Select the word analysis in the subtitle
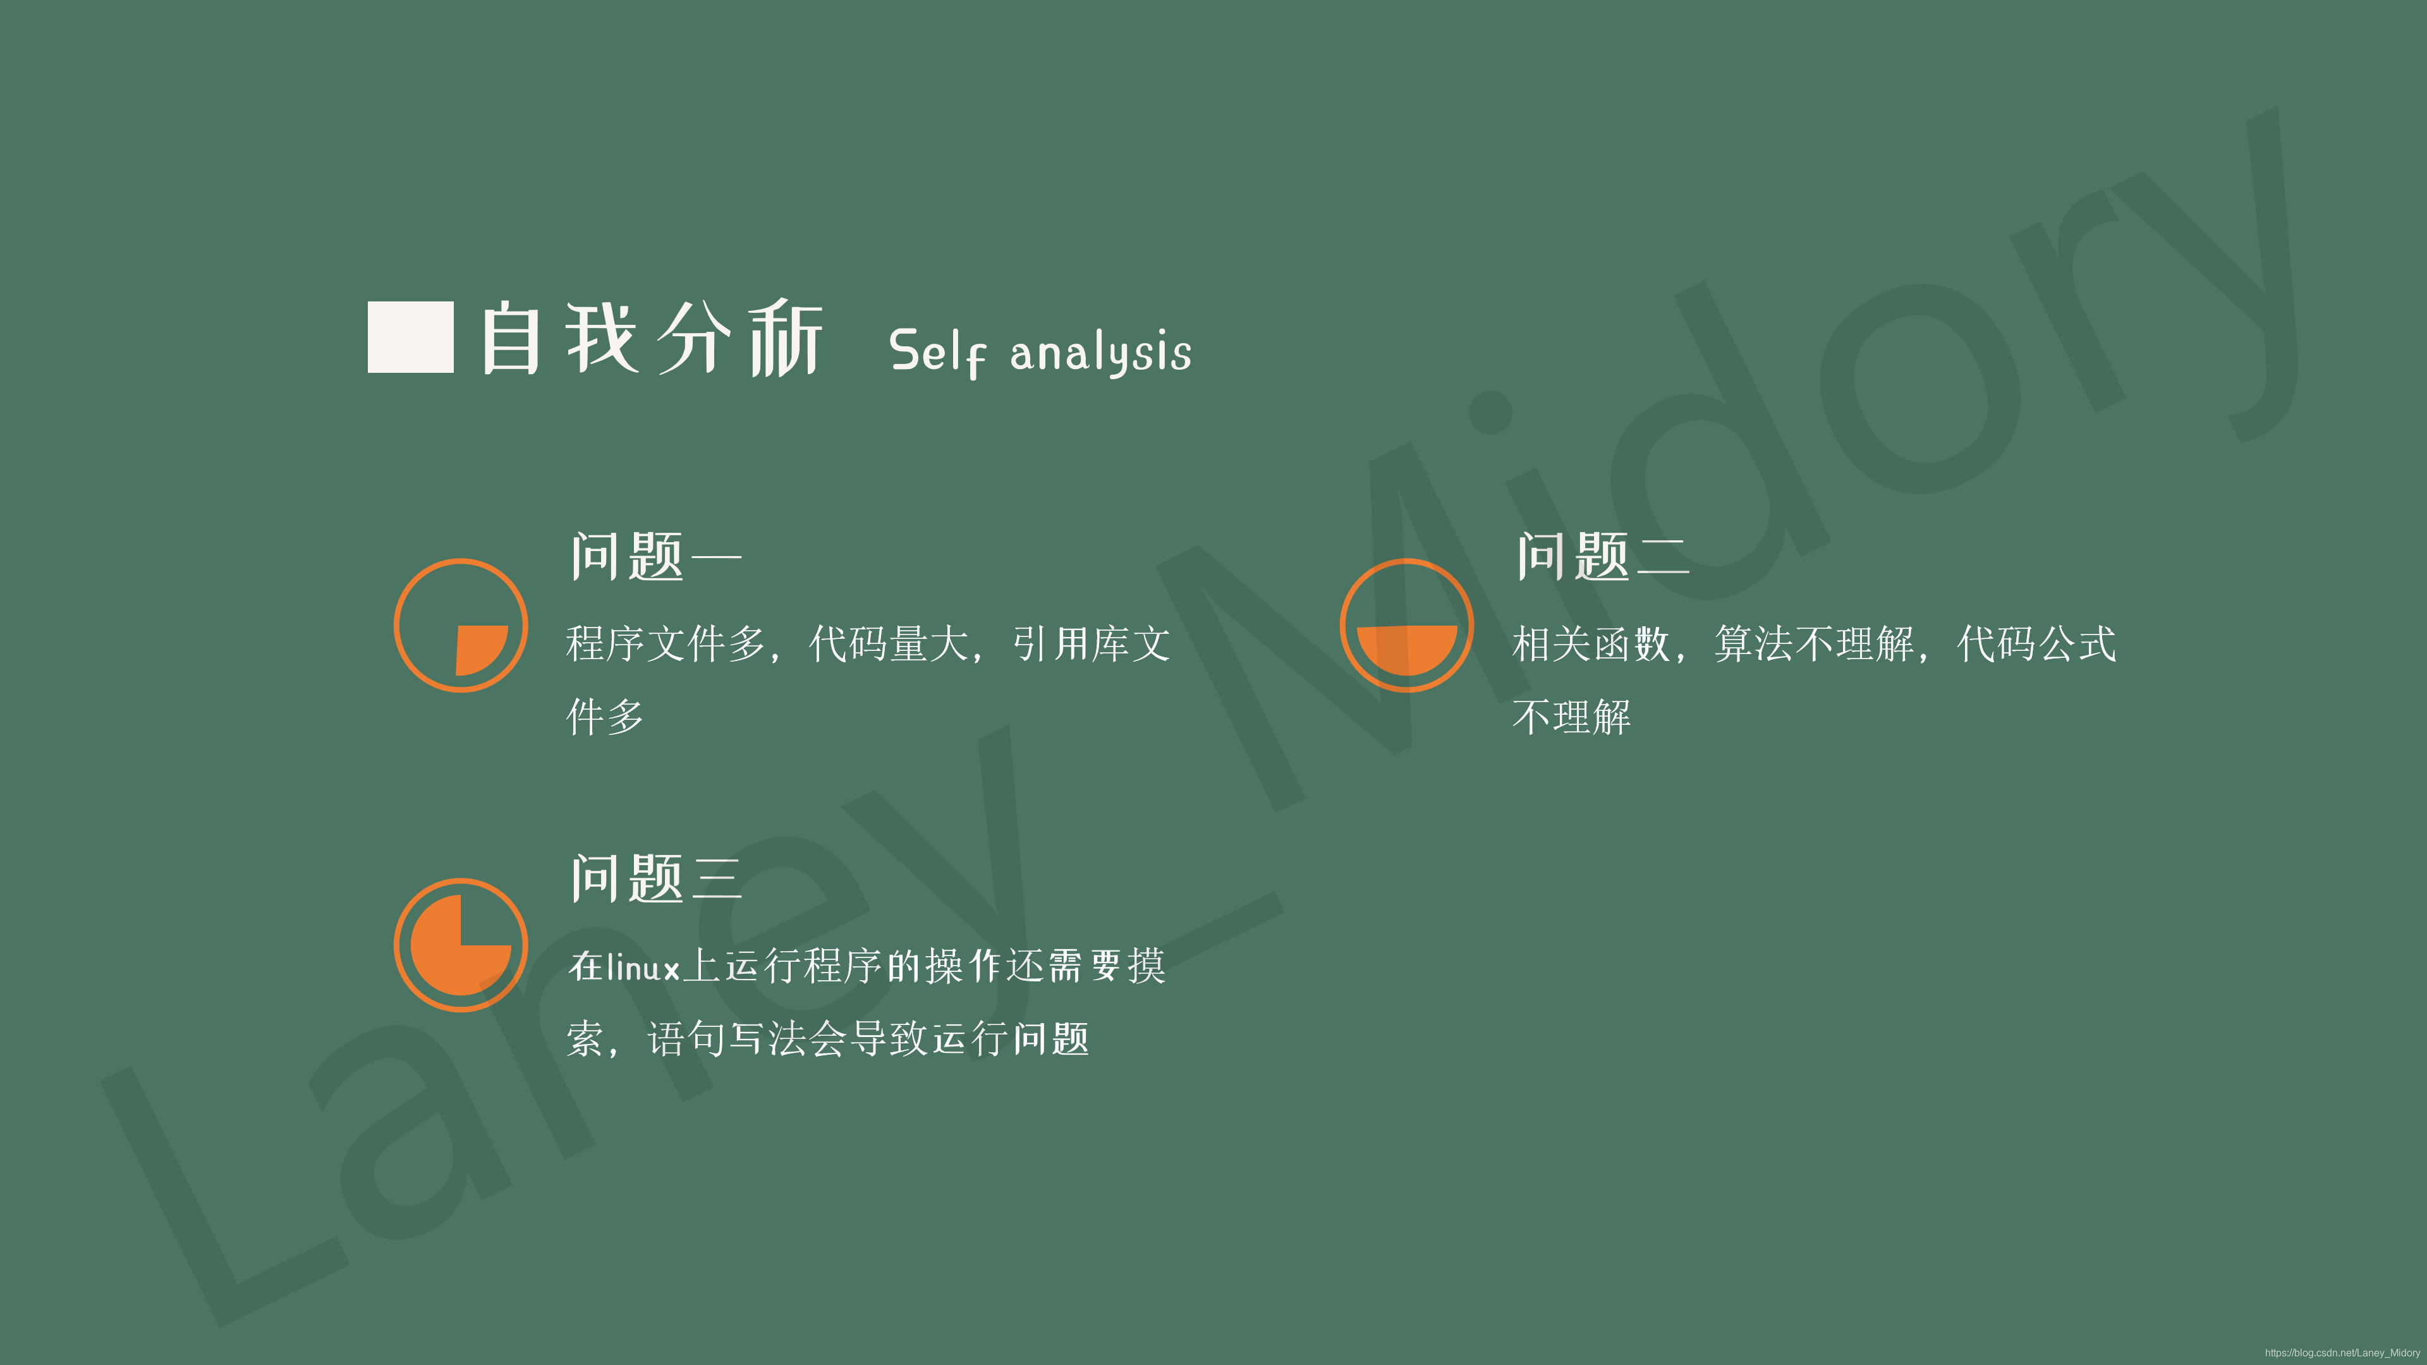pos(1100,353)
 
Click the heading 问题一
pos(656,556)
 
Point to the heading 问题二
pos(1602,556)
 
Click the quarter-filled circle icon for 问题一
pos(461,626)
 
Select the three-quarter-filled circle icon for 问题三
pos(461,945)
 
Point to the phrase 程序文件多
pos(665,645)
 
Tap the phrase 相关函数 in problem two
pos(1590,645)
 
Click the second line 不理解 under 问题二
pos(1571,717)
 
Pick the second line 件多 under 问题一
pos(605,717)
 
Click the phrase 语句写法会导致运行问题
pos(868,1039)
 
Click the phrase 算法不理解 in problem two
pos(1814,645)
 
